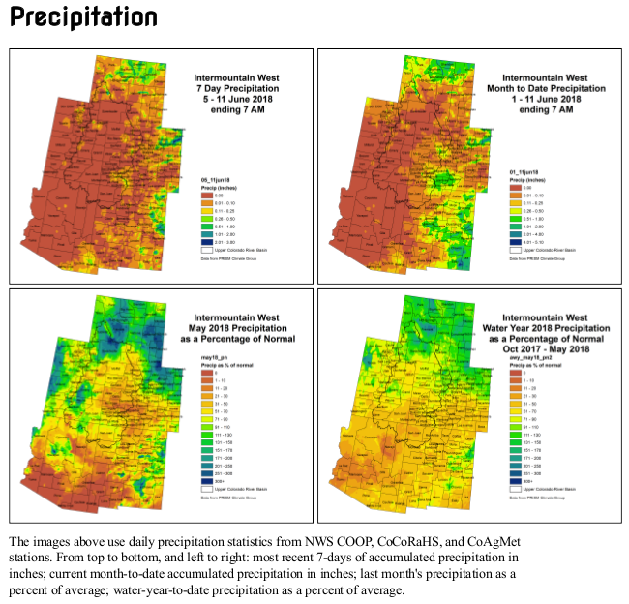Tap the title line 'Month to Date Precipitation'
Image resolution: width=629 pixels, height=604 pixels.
(545, 88)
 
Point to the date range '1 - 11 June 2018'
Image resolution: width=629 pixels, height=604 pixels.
(545, 99)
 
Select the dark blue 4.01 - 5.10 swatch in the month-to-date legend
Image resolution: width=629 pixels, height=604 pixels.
(516, 241)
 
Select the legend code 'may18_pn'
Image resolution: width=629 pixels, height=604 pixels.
(213, 357)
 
